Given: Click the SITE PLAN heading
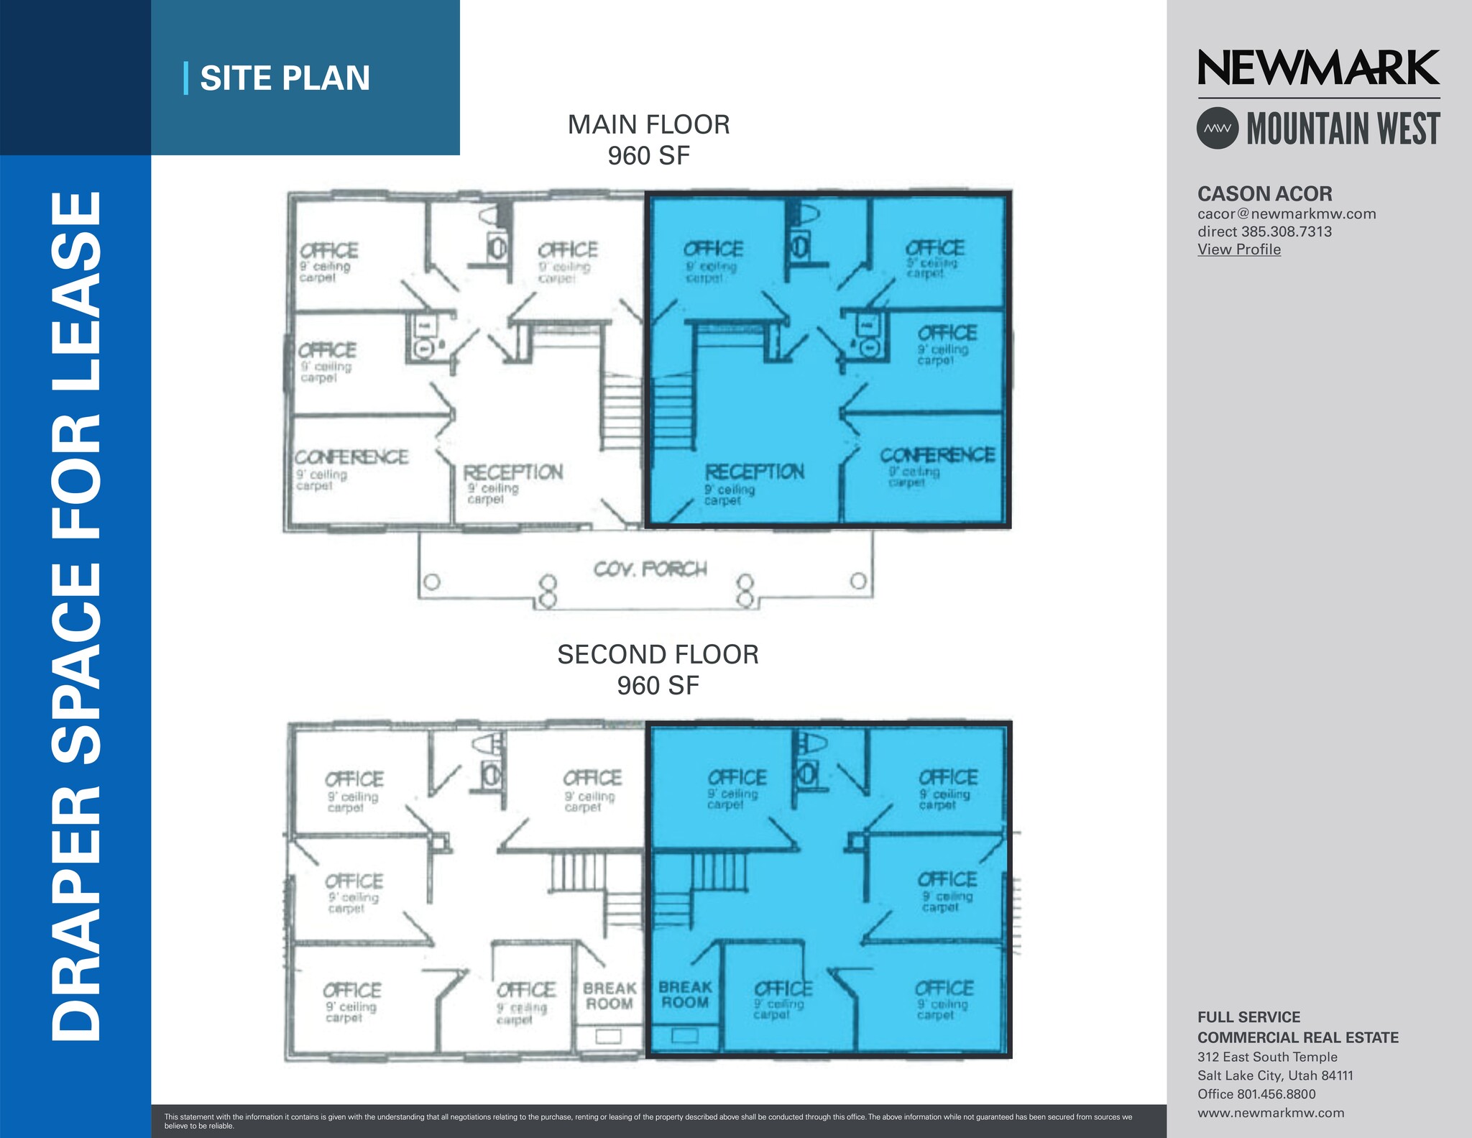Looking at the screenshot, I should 285,78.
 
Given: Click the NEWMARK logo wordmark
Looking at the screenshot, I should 1318,68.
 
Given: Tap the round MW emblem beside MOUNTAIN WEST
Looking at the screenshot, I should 1217,129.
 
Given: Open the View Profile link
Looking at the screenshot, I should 1238,249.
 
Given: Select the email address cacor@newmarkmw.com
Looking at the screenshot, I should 1286,214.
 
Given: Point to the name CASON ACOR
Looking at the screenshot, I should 1264,194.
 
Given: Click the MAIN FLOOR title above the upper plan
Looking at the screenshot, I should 648,125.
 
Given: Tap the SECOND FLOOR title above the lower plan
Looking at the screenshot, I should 658,655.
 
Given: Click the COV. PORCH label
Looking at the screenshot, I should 650,569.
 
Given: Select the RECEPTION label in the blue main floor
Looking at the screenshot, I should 754,472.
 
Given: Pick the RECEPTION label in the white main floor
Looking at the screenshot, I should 512,473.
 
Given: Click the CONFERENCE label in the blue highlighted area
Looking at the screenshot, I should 937,456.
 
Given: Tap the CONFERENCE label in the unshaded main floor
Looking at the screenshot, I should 351,457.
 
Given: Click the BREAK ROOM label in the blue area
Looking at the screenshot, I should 684,995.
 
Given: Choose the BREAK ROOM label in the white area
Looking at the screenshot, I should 609,996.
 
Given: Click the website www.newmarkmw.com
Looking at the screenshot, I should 1270,1113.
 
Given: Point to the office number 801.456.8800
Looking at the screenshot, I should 1276,1094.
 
